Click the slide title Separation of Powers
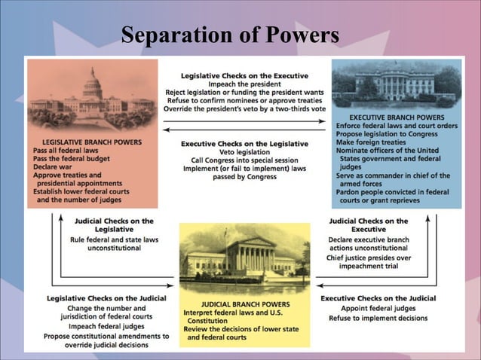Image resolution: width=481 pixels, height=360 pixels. coord(230,35)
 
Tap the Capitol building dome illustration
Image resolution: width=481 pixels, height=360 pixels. coord(93,85)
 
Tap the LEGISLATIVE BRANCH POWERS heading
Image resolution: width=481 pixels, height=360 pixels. coord(93,142)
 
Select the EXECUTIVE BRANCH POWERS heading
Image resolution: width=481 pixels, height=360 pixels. coord(397,118)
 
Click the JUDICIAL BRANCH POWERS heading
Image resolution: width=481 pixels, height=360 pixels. coord(244,304)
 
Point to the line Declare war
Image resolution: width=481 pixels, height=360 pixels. coord(57,166)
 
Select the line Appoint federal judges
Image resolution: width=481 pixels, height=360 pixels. coord(378,308)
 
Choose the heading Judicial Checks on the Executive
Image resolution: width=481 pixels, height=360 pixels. coord(369,225)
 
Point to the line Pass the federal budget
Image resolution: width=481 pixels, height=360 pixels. coord(72,158)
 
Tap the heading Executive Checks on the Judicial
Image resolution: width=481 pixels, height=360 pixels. coord(378,298)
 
